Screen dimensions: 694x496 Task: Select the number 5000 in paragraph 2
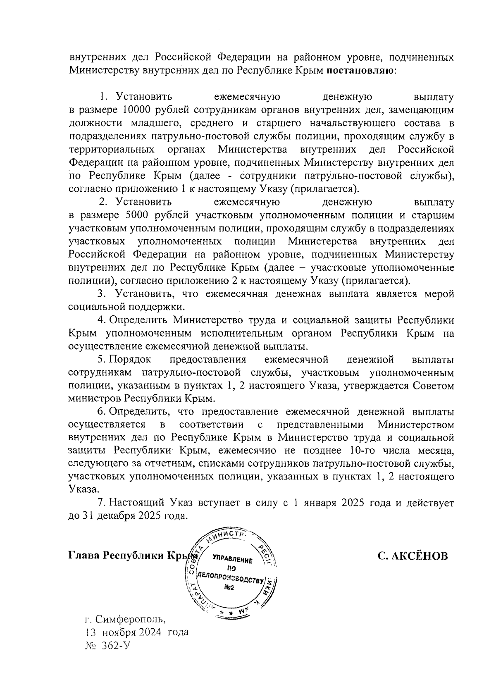(x=134, y=215)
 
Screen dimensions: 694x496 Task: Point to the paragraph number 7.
(x=100, y=503)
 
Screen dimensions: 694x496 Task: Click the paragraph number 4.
(x=100, y=320)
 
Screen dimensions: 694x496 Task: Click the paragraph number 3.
(x=100, y=294)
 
